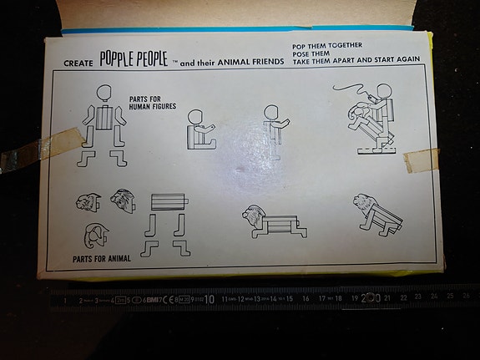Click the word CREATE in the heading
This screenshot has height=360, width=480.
(x=79, y=63)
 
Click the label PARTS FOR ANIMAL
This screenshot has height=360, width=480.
(x=101, y=258)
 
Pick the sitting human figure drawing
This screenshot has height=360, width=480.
(x=200, y=130)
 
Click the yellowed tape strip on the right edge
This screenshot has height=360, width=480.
(x=422, y=159)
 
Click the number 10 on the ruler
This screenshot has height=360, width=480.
(x=209, y=298)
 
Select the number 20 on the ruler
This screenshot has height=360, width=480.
(x=370, y=297)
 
